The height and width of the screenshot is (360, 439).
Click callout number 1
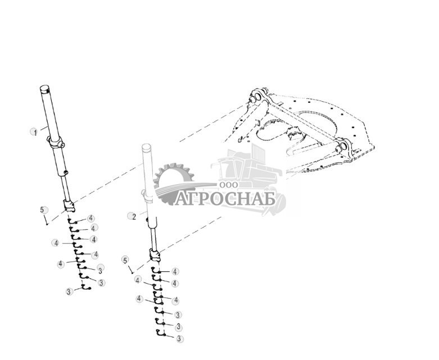pos(34,132)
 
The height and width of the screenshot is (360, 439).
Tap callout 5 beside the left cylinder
pos(43,209)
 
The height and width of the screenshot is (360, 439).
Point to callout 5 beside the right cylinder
pos(126,259)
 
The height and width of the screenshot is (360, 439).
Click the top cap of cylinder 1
pos(46,89)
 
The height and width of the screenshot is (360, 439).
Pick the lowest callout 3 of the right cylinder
pos(178,339)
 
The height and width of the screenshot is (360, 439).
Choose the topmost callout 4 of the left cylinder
pos(90,218)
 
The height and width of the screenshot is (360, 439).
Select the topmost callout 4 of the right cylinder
pos(175,271)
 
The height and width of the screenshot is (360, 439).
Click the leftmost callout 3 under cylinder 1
pos(69,291)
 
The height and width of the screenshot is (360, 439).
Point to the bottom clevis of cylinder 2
pos(155,257)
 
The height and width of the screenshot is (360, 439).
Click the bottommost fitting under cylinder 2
pos(159,335)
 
